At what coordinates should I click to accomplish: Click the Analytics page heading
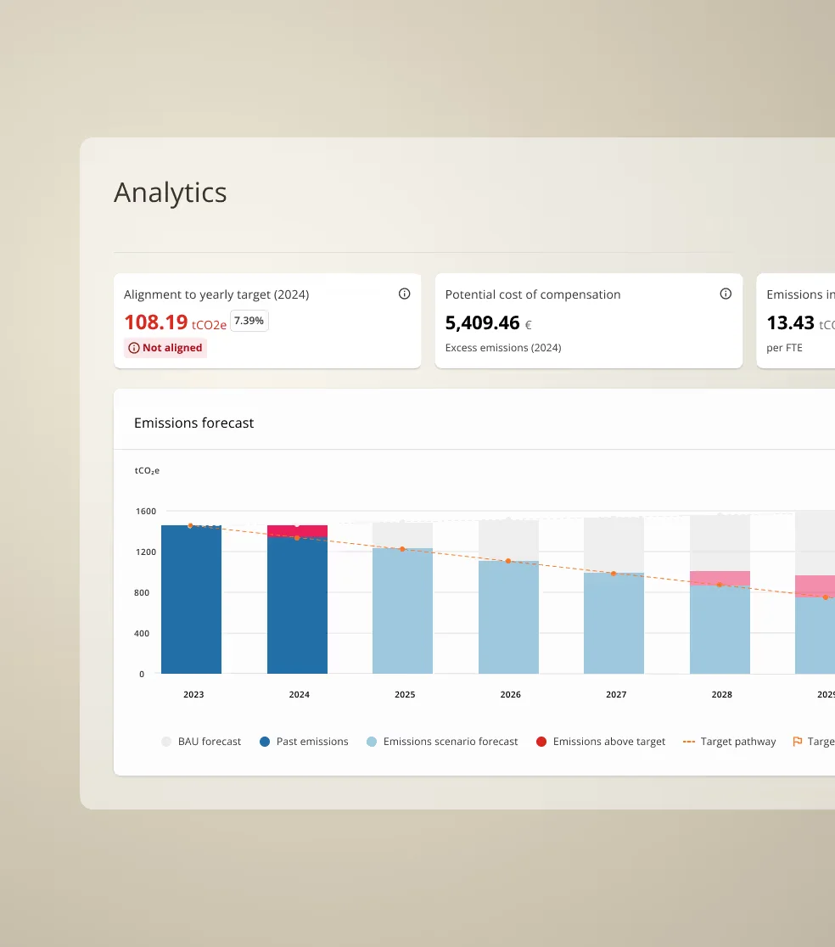(171, 193)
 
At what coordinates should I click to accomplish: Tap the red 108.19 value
(156, 322)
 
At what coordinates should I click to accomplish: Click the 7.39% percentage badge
(249, 321)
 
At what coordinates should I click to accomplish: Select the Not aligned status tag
(165, 348)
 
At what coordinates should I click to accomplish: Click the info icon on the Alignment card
(404, 294)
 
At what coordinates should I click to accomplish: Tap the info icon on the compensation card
(726, 294)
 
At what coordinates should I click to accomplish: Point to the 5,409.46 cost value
(482, 322)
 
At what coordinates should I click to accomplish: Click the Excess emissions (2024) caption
(503, 348)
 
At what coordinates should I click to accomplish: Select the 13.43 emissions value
(790, 322)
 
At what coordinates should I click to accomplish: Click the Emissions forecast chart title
(194, 423)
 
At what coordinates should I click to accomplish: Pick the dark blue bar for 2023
(191, 602)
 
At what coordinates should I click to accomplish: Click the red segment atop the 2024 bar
(297, 531)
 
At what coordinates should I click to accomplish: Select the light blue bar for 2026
(508, 619)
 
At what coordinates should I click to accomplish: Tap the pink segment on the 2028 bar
(720, 577)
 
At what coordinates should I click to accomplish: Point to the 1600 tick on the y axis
(145, 511)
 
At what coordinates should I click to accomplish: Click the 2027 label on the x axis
(616, 694)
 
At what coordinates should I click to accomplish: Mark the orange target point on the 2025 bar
(402, 549)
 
